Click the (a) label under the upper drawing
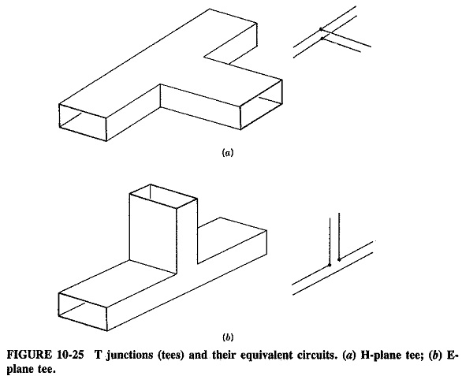click(x=227, y=153)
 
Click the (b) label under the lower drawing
click(x=228, y=337)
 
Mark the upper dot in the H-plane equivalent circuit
click(x=321, y=29)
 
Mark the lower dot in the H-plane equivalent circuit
click(x=322, y=39)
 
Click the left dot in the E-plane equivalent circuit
click(x=330, y=265)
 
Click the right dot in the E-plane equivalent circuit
click(x=339, y=259)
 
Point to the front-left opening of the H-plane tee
click(x=83, y=122)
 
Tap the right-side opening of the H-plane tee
click(x=261, y=104)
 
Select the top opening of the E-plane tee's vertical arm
click(x=163, y=196)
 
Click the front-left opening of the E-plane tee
click(x=83, y=312)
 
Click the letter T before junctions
click(x=99, y=355)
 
